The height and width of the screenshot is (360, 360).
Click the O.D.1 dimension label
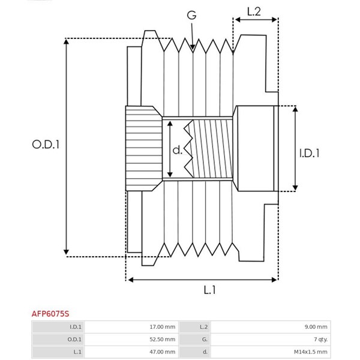pyautogui.click(x=46, y=145)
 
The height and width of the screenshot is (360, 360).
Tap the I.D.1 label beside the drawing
pyautogui.click(x=309, y=153)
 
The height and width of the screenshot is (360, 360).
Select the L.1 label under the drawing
pyautogui.click(x=209, y=290)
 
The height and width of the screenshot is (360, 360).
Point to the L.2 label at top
pyautogui.click(x=253, y=11)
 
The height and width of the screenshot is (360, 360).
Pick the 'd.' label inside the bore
pyautogui.click(x=178, y=150)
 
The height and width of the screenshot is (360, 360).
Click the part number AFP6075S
pyautogui.click(x=50, y=313)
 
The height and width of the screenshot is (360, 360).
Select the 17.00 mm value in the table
pyautogui.click(x=163, y=327)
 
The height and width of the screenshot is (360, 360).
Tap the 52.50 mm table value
pyautogui.click(x=163, y=340)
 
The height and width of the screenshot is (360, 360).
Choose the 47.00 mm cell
pyautogui.click(x=163, y=352)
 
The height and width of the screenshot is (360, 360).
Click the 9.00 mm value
pyautogui.click(x=316, y=327)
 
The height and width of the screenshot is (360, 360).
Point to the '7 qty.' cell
pyautogui.click(x=318, y=340)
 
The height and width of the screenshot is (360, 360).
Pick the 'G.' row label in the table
pyautogui.click(x=204, y=340)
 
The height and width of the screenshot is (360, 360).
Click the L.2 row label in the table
pyautogui.click(x=203, y=327)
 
